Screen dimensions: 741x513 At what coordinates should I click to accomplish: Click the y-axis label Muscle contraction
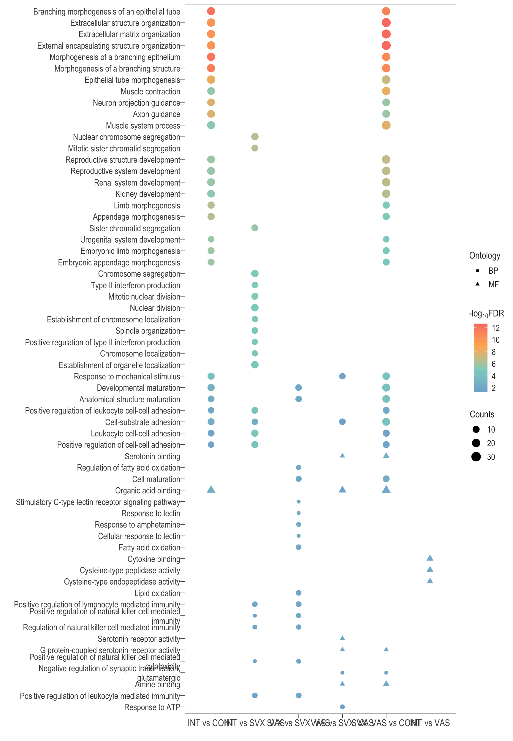(150, 91)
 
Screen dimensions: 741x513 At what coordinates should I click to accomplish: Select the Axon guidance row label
(156, 114)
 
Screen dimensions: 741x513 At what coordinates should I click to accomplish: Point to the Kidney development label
(148, 194)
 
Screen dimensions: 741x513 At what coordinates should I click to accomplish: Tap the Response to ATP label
(152, 707)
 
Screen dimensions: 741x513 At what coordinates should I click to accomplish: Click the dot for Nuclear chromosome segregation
(255, 137)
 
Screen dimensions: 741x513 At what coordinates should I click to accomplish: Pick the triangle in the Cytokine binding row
(430, 558)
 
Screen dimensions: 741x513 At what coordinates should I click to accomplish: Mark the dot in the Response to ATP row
(342, 707)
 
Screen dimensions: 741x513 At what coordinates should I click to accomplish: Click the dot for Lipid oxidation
(299, 593)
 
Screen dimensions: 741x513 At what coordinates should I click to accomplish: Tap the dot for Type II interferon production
(255, 285)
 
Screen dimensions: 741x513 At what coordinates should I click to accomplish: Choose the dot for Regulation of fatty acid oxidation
(299, 467)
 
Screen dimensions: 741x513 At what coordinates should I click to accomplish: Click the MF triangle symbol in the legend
(478, 284)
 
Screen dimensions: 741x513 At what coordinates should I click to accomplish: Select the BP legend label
(493, 271)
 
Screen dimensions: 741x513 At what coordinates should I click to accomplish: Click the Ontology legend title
(484, 256)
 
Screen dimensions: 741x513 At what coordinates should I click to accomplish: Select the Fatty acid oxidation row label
(149, 547)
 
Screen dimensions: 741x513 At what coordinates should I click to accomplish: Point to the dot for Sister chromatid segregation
(255, 228)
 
